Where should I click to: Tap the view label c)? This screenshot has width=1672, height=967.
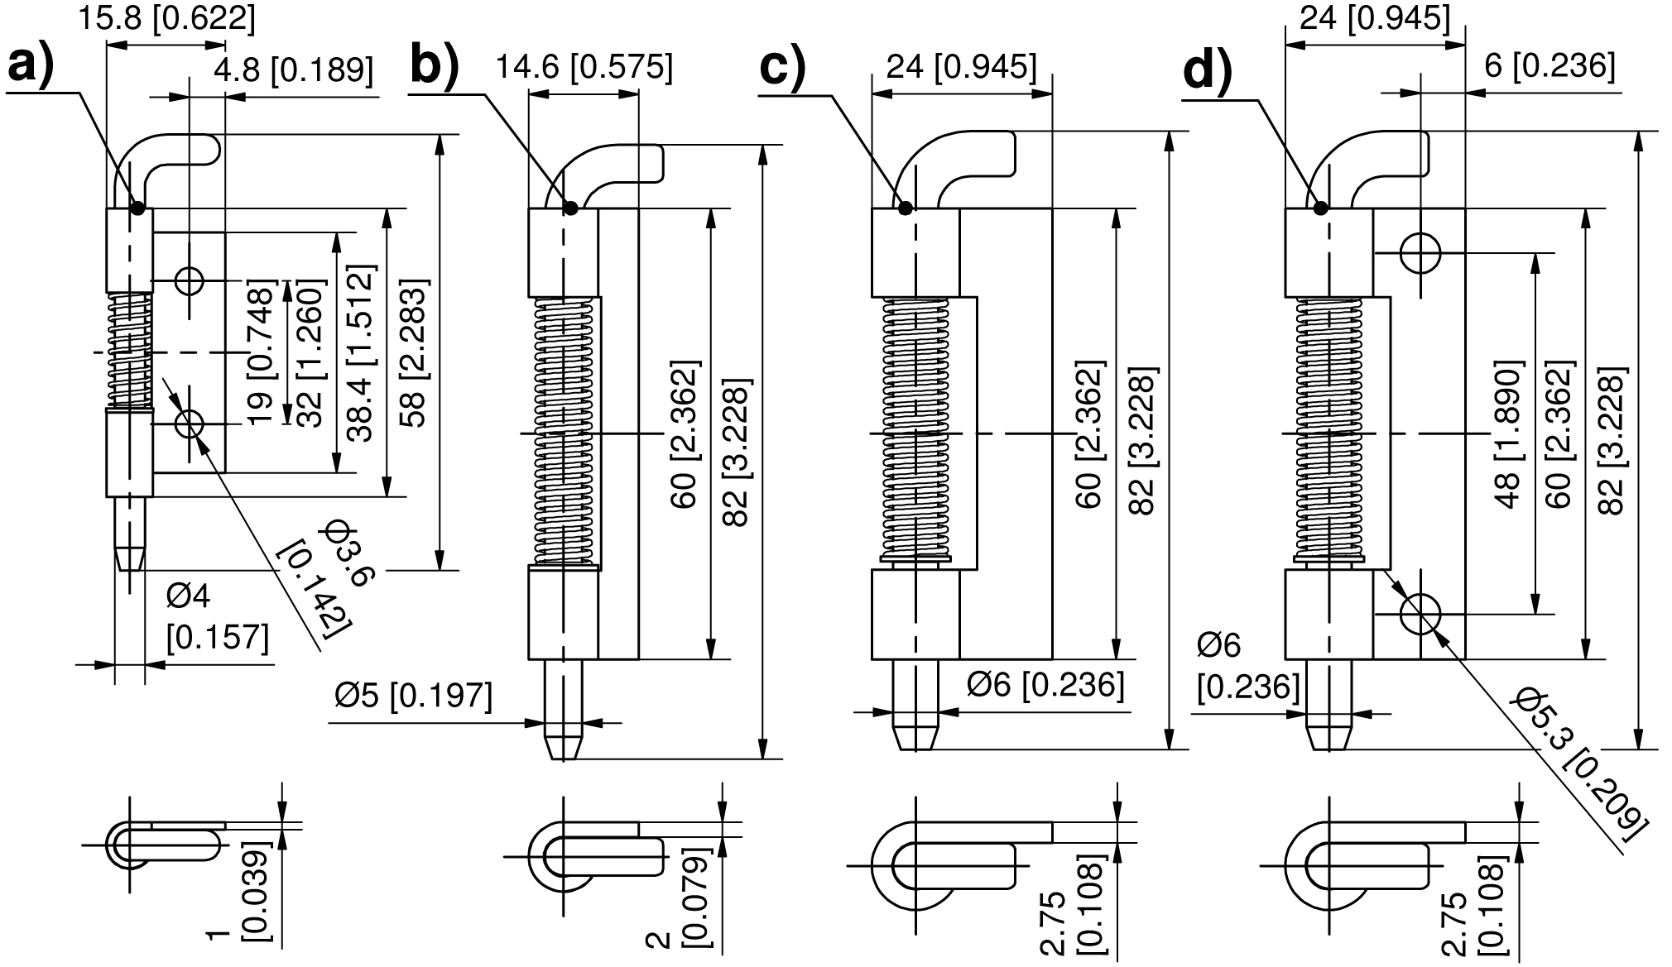[x=783, y=65]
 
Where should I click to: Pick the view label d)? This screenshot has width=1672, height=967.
[x=1208, y=71]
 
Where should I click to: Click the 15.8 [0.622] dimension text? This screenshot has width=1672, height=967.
[x=167, y=17]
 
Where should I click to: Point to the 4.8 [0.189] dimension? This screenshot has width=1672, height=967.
[x=293, y=69]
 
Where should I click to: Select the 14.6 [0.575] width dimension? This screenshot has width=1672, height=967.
[x=584, y=66]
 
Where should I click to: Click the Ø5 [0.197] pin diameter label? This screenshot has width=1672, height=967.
[x=413, y=696]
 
